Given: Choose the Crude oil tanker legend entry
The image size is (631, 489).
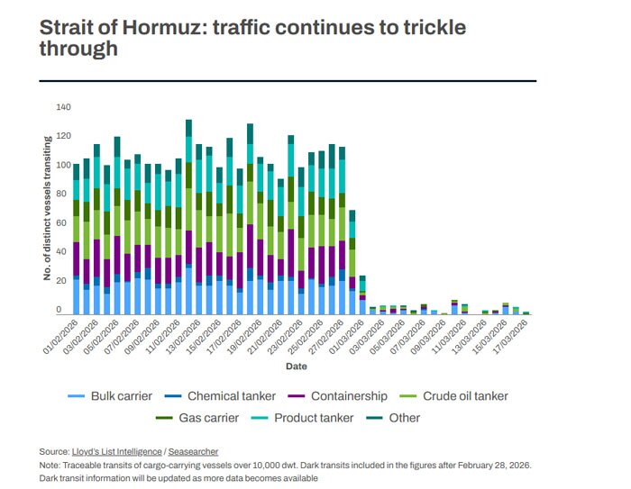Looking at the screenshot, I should [456, 395].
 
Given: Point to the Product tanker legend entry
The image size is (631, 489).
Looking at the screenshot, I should [306, 417].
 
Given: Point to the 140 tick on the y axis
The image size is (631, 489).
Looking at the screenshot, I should [63, 107].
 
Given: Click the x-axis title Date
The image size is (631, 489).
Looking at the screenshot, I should [296, 367].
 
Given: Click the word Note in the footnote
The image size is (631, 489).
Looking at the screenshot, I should [50, 465].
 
